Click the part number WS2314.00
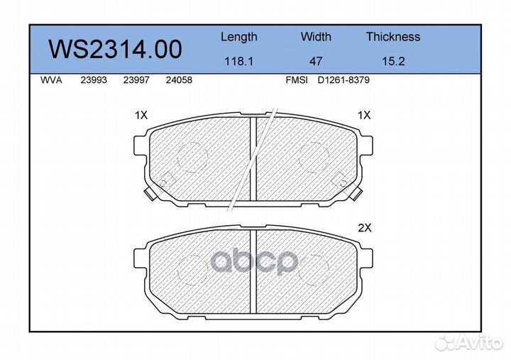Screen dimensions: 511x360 115,50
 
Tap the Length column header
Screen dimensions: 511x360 239,37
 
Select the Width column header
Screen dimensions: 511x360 316,36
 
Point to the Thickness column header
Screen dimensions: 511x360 393,36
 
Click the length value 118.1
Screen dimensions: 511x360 239,61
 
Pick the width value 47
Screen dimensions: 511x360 316,61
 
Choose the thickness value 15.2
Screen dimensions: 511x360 393,61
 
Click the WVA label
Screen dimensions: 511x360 51,80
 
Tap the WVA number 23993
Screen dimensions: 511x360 94,80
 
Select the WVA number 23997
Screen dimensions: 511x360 136,80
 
